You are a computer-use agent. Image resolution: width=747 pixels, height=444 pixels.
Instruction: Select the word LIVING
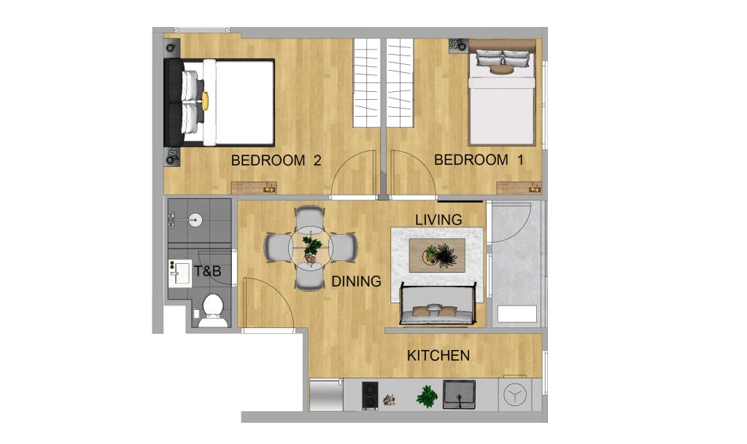tap(438, 219)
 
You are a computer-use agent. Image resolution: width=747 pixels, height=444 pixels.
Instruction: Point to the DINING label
tap(357, 281)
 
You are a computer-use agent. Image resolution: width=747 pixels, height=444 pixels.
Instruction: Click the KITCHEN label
tap(438, 356)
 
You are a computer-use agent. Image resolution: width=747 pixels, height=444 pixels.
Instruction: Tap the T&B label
tap(207, 272)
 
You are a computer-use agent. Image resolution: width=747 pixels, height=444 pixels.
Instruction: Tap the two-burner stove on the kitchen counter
tap(371, 396)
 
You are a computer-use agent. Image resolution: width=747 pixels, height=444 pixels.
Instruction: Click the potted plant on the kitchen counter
tap(427, 397)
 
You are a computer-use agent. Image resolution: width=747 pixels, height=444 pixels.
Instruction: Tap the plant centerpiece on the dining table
tap(311, 246)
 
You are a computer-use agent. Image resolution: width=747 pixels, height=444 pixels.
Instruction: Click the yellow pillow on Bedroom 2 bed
tap(206, 100)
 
